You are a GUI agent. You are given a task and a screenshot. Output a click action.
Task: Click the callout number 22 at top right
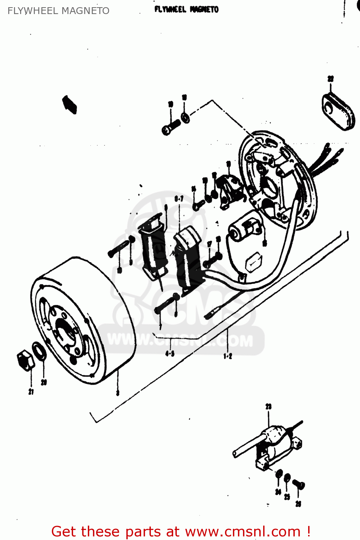(330, 79)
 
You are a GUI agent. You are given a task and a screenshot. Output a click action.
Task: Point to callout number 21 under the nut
(31, 392)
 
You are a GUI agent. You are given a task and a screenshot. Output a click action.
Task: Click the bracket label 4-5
(170, 354)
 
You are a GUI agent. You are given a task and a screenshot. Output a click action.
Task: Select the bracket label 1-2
(228, 356)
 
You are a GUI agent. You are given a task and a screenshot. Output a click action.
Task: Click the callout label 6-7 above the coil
(179, 198)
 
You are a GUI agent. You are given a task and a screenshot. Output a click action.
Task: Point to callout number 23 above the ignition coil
(269, 406)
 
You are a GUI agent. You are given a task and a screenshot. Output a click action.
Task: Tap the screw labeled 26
(298, 485)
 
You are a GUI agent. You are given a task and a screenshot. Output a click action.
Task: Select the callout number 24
(278, 492)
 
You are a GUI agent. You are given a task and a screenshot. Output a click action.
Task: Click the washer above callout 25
(287, 478)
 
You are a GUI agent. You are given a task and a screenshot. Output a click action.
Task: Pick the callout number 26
(298, 504)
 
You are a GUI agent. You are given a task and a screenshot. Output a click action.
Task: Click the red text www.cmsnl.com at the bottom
(243, 531)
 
